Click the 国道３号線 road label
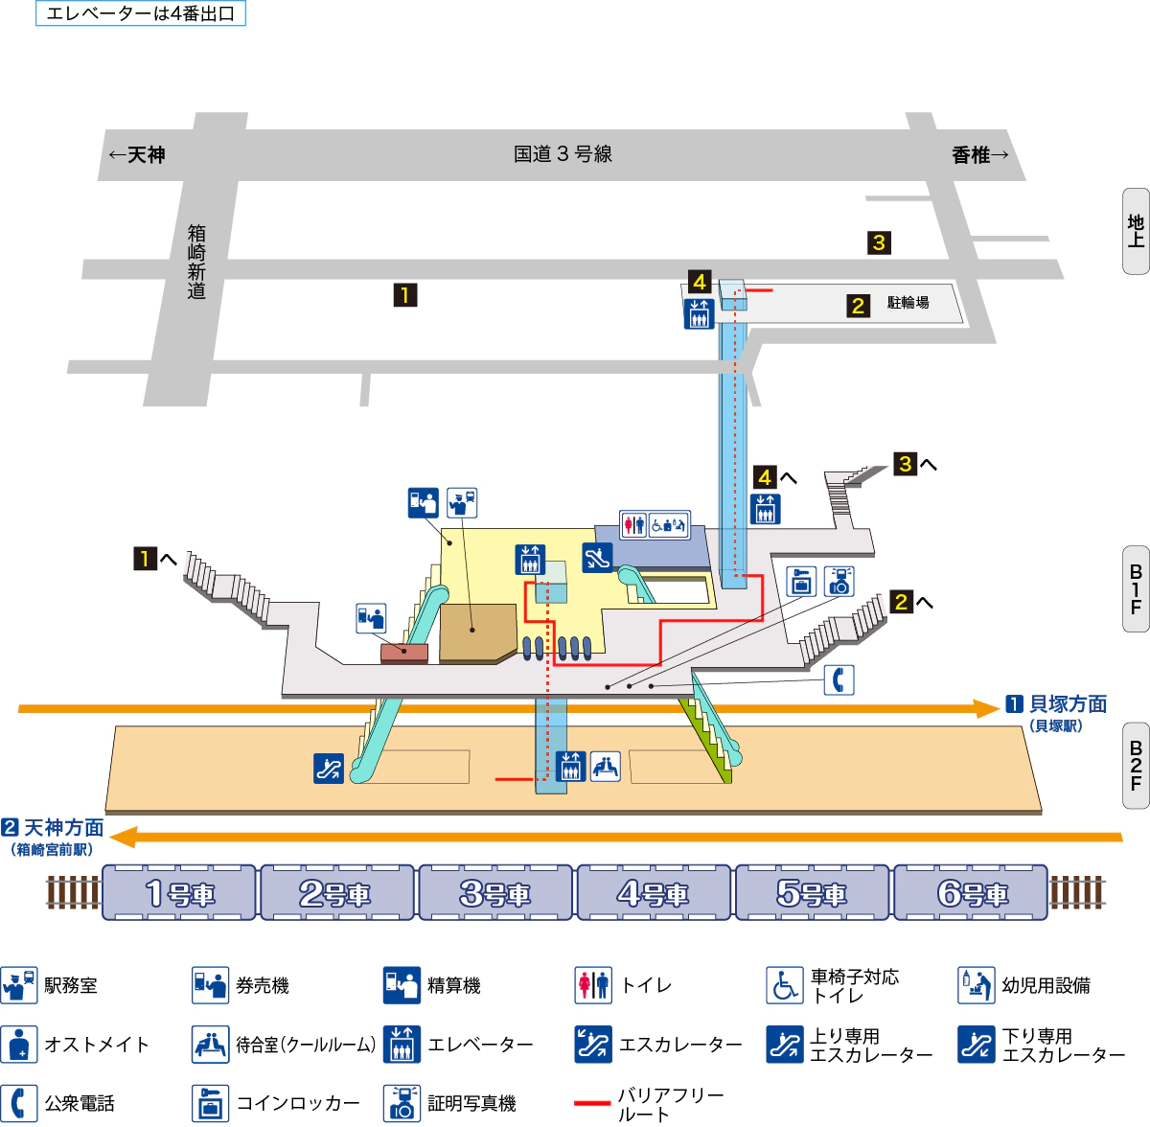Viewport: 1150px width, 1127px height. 563,154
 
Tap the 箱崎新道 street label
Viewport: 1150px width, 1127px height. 196,262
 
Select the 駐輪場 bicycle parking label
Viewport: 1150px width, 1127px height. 908,303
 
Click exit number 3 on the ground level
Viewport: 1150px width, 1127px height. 879,242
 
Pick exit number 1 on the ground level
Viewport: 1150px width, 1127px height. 405,295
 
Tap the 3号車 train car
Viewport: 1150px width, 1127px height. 494,893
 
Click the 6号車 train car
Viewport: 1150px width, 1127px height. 970,893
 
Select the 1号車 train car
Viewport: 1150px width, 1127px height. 179,893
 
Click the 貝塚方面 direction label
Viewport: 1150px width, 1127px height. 1067,704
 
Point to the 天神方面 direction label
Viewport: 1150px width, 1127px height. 63,827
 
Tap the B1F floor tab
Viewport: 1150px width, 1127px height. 1136,589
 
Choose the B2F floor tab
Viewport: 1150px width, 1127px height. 1136,766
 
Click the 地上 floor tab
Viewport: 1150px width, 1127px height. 1136,231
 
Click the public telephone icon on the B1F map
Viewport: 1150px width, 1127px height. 839,679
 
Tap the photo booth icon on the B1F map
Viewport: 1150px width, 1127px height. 839,581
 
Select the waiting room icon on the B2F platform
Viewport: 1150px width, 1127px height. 605,767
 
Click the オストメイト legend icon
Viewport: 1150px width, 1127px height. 19,1045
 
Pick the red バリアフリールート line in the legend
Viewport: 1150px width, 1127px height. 591,1103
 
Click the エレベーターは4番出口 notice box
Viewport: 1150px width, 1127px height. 141,13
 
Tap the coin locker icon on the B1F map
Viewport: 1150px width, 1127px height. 801,581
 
